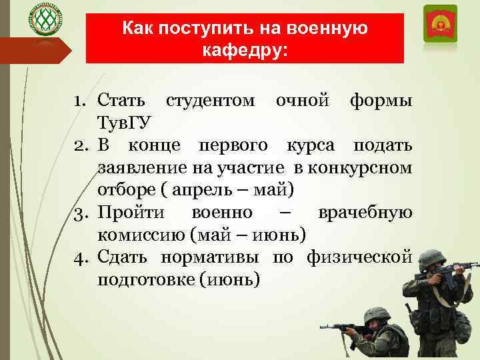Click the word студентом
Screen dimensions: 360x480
click(x=209, y=101)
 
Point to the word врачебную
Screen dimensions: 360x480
click(x=365, y=213)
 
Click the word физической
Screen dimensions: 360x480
click(x=359, y=257)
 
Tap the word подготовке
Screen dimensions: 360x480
click(x=146, y=279)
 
